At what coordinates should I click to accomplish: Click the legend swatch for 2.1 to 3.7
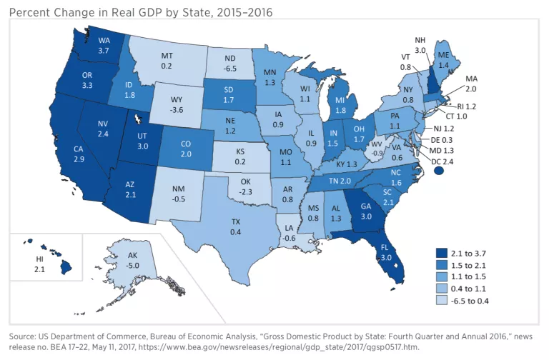pos(441,252)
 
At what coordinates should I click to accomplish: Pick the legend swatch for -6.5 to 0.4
pos(441,300)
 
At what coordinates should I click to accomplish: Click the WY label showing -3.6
pos(179,106)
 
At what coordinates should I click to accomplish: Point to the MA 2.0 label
pos(470,83)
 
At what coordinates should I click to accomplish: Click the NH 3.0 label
pos(421,45)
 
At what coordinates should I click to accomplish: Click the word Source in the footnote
pos(22,335)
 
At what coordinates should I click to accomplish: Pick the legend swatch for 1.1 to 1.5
pos(441,276)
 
